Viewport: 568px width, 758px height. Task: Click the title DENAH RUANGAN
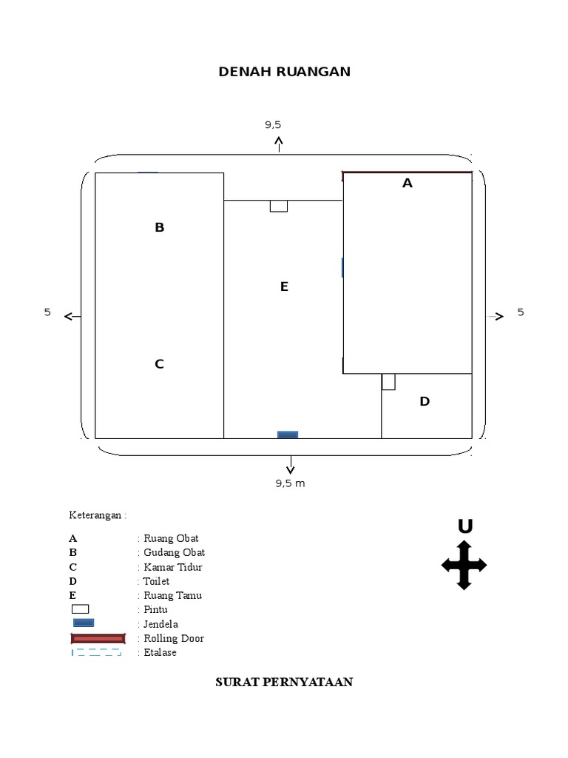pos(285,72)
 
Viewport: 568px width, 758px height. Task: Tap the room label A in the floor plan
pos(408,184)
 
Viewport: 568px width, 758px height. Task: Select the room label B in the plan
pos(160,227)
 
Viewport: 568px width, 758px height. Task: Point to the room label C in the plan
pos(160,364)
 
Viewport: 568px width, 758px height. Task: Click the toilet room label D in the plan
pos(425,401)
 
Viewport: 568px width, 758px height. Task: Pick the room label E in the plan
pos(284,286)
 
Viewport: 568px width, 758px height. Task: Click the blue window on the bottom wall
pos(288,435)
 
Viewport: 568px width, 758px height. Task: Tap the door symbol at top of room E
pos(279,206)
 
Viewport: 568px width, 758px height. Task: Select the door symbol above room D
pos(388,381)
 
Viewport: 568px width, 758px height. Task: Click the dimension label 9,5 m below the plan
pos(290,483)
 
